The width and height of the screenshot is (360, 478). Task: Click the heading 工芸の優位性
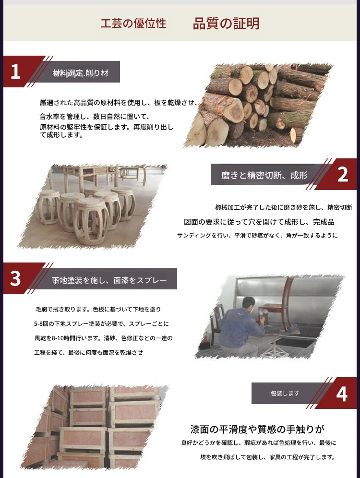point(133,24)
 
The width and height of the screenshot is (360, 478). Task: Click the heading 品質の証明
point(226,24)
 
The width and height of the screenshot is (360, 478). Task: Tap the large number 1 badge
point(15,72)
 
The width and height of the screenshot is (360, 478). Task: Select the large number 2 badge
point(343,175)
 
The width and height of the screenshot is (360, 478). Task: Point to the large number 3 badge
point(15,278)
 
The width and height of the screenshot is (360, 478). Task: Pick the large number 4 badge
point(342,394)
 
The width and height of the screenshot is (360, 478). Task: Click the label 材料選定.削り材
point(81,73)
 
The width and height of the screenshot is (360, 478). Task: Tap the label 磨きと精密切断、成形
point(264,175)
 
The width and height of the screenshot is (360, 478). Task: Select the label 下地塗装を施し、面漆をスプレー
point(109,280)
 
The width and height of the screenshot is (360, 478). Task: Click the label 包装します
point(285,393)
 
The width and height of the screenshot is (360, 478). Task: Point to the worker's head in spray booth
point(249,305)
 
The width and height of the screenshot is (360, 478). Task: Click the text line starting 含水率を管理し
point(94,117)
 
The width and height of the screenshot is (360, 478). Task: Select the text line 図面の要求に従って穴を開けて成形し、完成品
point(259,222)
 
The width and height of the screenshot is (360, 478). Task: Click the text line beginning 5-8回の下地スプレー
point(101,323)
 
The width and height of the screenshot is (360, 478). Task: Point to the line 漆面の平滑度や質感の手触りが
point(257,429)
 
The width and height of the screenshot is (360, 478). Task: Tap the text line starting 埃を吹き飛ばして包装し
point(267,457)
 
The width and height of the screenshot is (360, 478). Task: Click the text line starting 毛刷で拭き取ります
point(98,309)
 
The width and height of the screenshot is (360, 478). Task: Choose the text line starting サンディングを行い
point(257,235)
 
